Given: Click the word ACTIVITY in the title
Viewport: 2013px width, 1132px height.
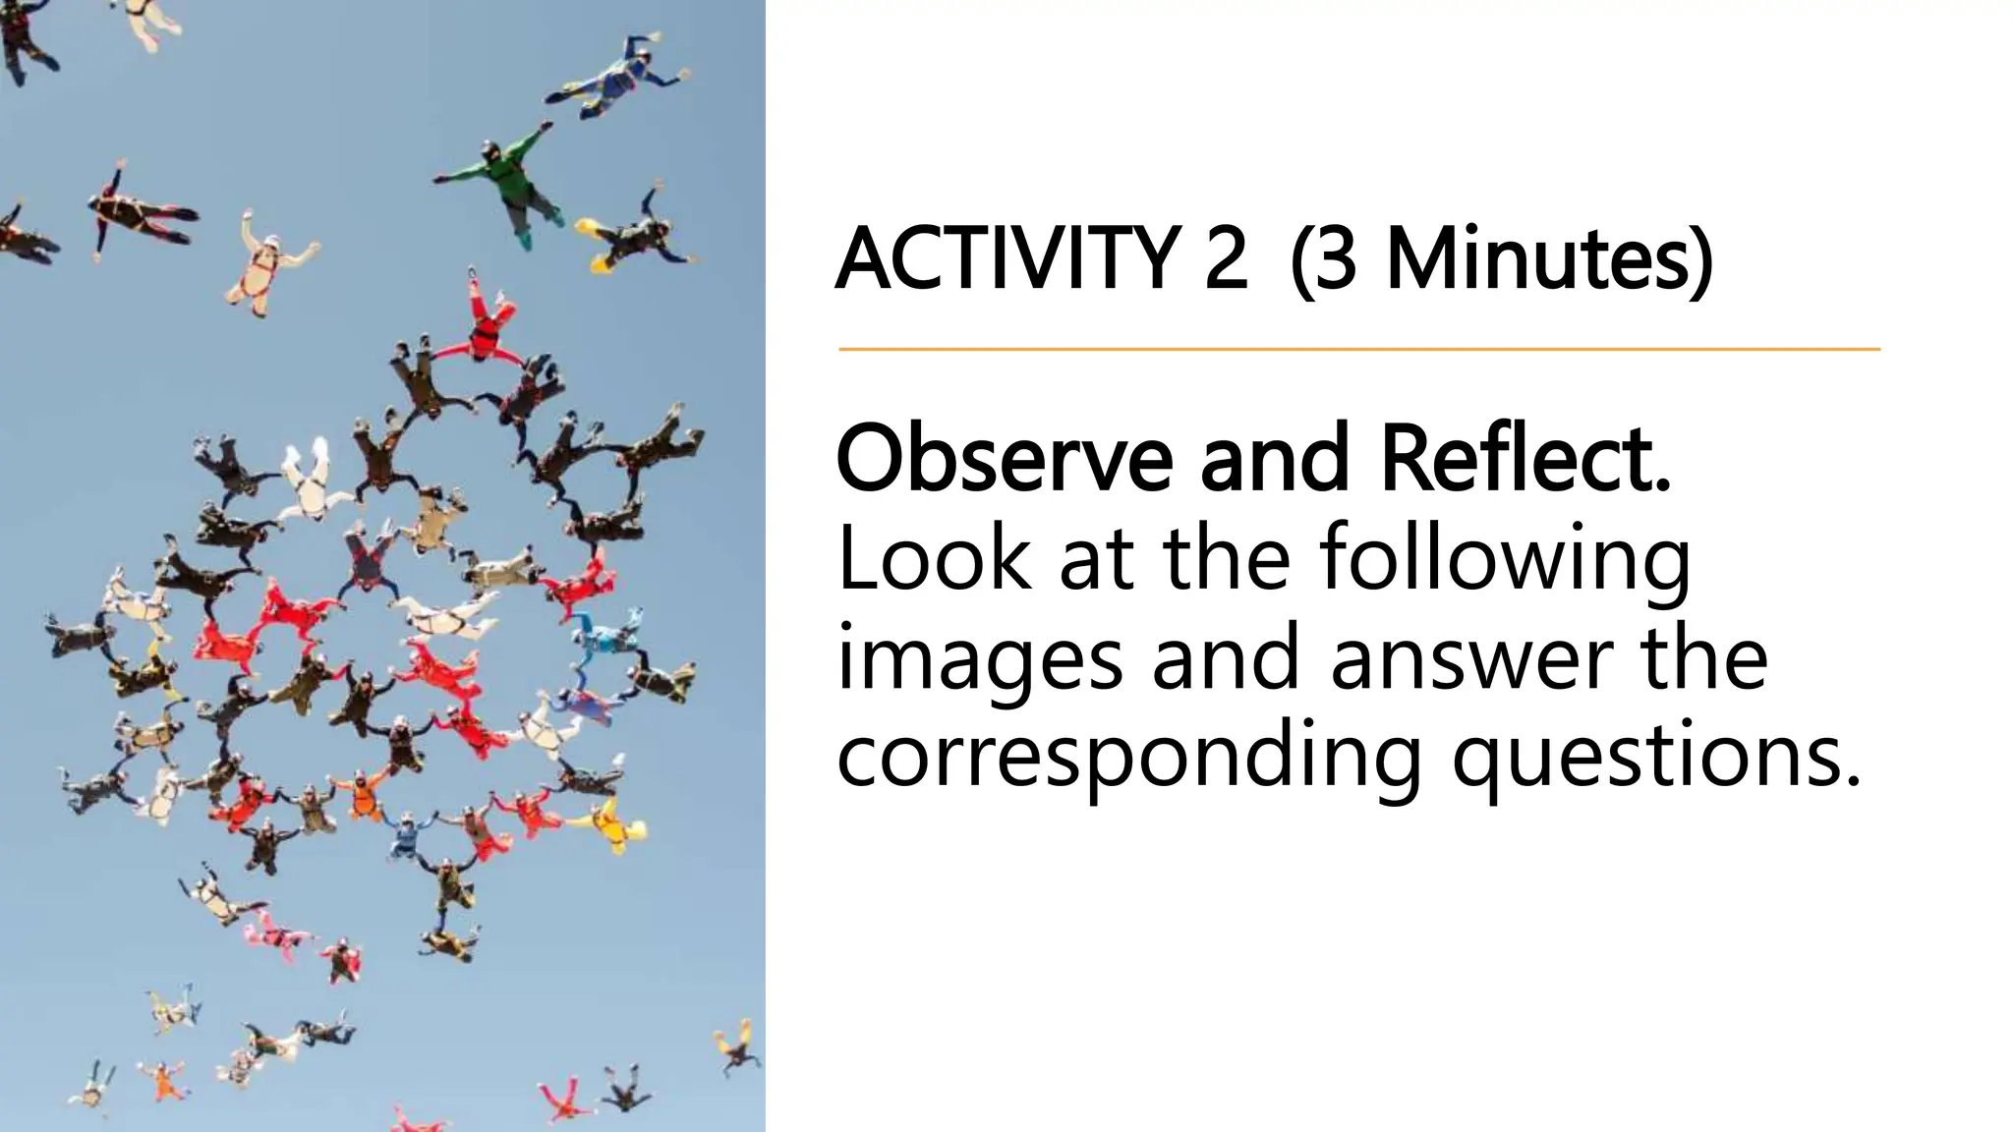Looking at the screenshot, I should [1006, 259].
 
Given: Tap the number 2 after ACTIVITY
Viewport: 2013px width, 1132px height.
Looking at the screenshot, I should [1225, 259].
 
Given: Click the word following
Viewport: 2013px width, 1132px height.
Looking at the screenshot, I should [1504, 560].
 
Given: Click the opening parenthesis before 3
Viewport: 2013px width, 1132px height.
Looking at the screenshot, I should [1302, 259].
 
